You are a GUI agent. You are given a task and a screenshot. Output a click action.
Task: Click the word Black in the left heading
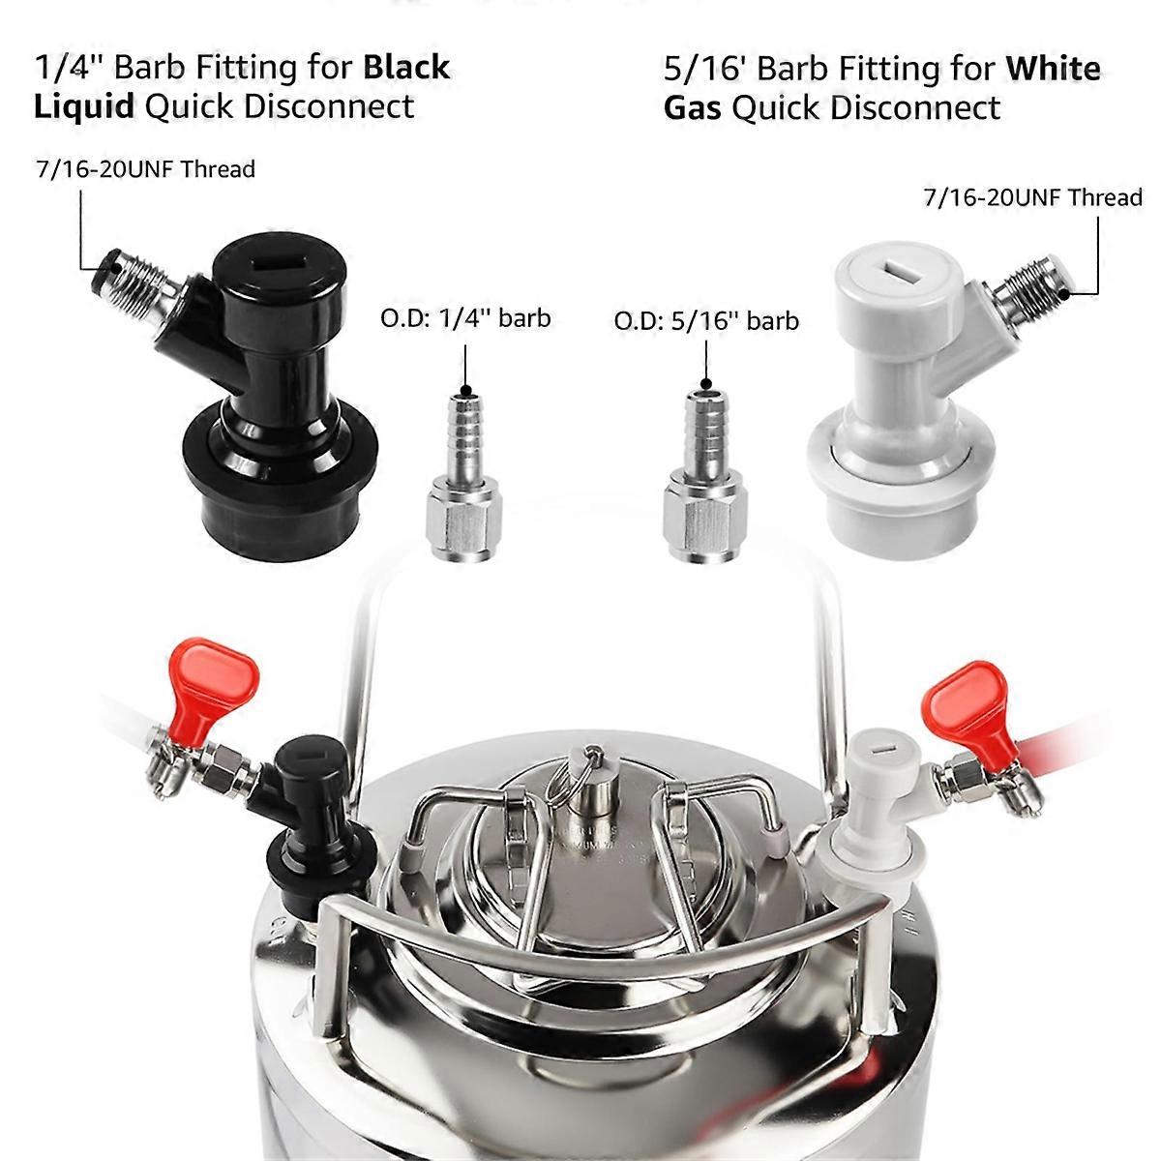point(406,68)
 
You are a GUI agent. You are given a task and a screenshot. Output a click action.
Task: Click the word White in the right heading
point(1053,69)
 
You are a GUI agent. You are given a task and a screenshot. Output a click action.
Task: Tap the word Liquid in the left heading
point(83,106)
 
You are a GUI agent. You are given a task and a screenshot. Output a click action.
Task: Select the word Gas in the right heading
point(692,107)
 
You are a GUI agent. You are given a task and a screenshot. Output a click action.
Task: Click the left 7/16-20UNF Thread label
point(143,169)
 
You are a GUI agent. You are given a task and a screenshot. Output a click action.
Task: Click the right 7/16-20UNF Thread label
point(1032,197)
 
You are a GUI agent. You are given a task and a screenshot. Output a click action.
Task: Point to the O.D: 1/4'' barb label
point(465,317)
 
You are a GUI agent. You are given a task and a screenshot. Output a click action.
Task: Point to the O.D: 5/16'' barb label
point(706,319)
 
